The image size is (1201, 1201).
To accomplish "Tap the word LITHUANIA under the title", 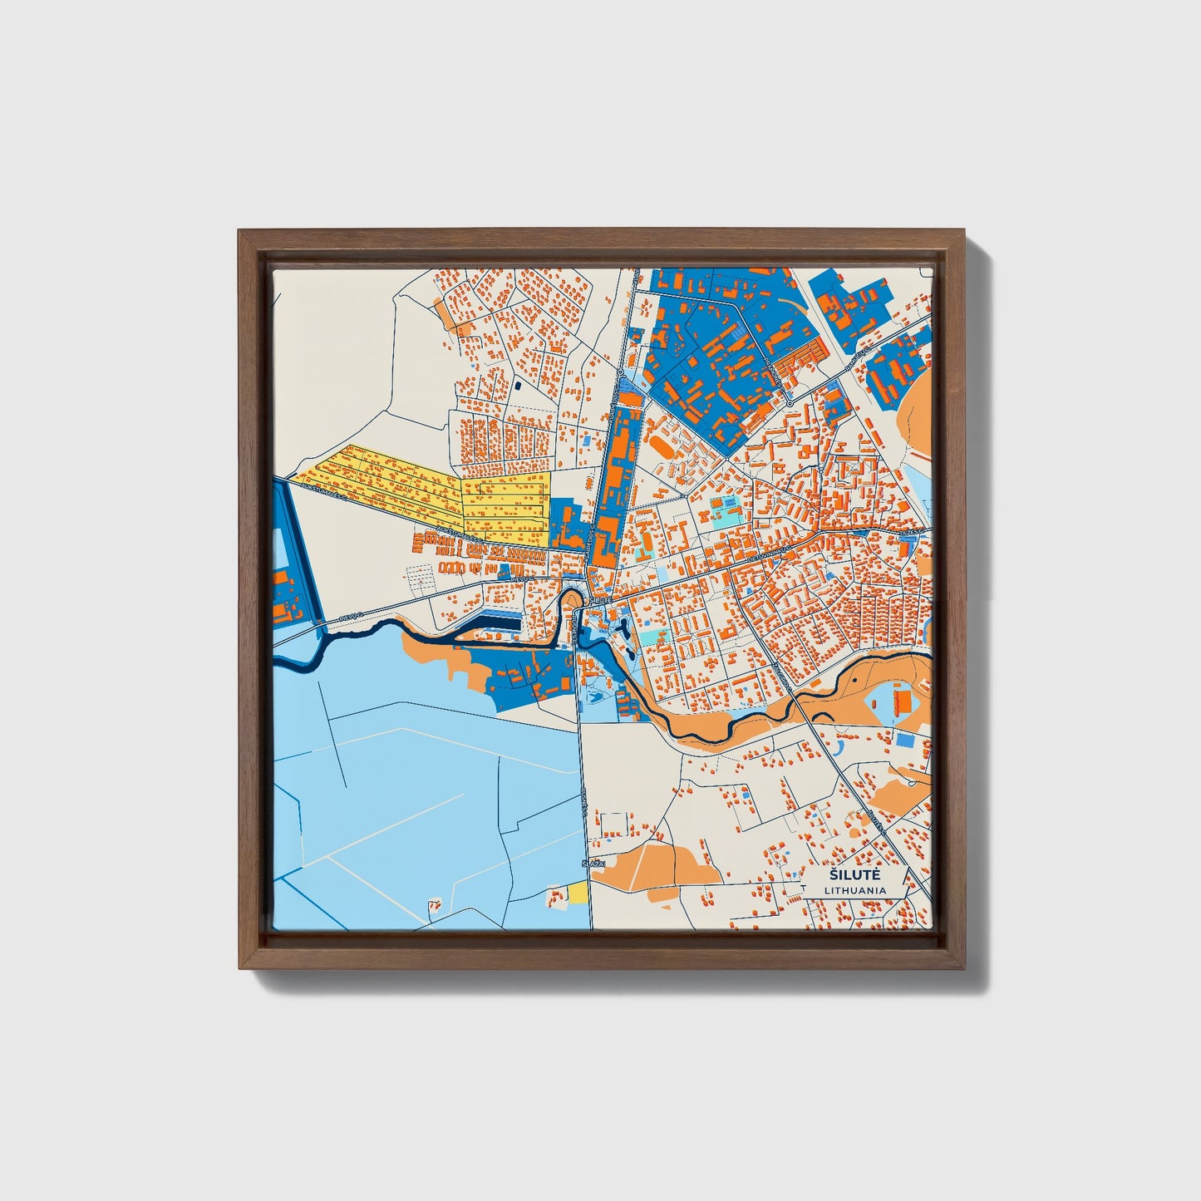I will point(855,890).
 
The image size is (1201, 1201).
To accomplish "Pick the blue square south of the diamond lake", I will point(903,739).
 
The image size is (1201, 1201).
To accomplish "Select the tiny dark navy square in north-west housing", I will point(518,386).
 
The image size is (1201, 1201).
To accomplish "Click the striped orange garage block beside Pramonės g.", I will point(803,359).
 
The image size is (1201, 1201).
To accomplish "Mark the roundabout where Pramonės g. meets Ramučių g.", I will point(788,401).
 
